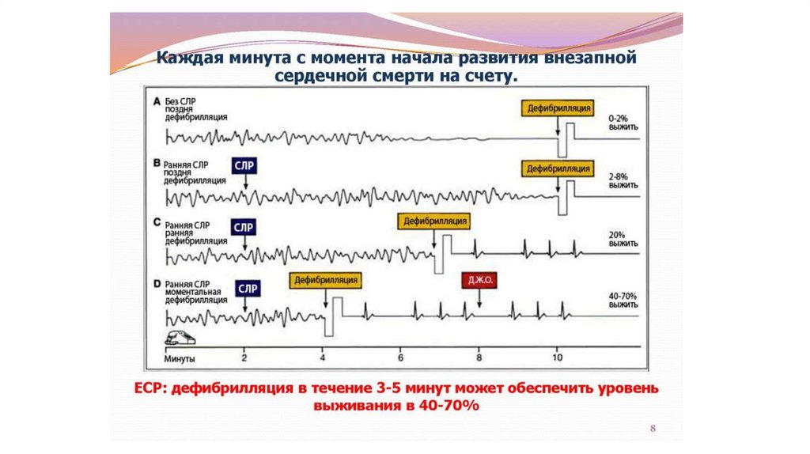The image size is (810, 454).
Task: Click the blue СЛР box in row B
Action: pos(244,165)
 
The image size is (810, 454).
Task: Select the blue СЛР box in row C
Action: pos(244,227)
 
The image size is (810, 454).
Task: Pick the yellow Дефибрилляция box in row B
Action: pos(558,168)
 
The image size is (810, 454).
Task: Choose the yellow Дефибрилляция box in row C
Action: pos(434,221)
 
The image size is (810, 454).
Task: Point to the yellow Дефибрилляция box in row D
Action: pos(326,280)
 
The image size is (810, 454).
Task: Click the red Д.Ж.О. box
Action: pos(479,280)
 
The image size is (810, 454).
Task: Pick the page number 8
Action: pos(653,429)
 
